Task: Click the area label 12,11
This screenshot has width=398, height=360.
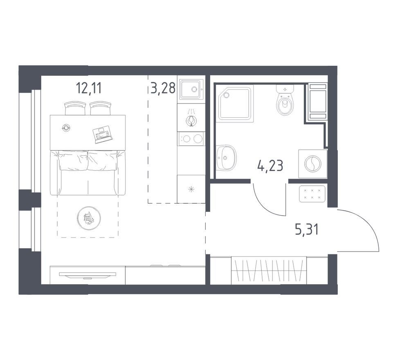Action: [89, 88]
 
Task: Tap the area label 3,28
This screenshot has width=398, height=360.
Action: [163, 88]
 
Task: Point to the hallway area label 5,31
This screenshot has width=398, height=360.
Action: [307, 230]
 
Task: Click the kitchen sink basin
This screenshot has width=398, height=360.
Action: [191, 89]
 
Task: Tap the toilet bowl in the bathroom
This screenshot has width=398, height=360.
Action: [285, 105]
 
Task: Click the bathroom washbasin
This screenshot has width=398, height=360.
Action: [226, 158]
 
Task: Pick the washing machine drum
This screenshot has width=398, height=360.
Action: [313, 164]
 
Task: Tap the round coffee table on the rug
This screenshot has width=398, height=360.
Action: [89, 218]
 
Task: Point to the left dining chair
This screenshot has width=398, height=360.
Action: [75, 108]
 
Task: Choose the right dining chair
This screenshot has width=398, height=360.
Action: [101, 108]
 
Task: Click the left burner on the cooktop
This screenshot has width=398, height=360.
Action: [187, 139]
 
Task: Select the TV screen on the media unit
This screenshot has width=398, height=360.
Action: [88, 274]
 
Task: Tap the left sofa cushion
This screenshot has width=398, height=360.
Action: [73, 160]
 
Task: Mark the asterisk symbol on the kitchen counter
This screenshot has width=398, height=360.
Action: [191, 189]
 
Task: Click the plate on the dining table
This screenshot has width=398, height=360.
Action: [66, 128]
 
